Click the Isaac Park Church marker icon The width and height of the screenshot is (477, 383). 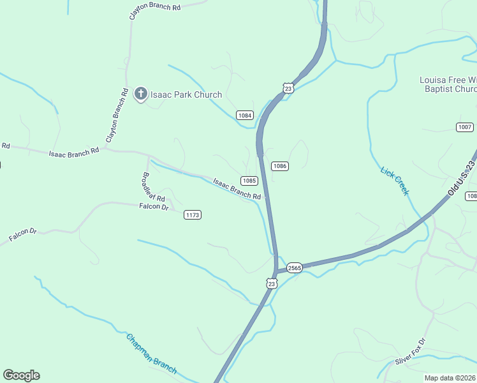coord(141,94)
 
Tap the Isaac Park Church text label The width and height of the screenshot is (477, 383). coord(186,95)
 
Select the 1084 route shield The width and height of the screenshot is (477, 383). coord(245,115)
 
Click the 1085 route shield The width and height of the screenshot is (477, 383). coord(249,180)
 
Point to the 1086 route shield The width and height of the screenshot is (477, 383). coord(279,166)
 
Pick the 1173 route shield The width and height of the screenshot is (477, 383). coord(193,215)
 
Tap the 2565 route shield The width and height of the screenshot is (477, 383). coord(293,267)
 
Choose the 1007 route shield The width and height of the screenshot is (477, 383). coord(465,127)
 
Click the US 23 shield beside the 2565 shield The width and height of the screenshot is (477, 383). coord(272,283)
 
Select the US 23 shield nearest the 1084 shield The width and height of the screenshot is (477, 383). coord(288,88)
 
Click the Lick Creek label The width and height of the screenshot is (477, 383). coord(394,181)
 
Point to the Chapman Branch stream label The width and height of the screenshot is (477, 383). coord(150,354)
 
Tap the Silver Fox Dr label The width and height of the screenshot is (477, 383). coord(409,352)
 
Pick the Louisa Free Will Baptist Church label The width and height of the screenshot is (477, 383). coord(448,84)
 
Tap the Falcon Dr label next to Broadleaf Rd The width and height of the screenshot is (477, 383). coord(154,207)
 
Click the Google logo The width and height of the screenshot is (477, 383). coord(21,375)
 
